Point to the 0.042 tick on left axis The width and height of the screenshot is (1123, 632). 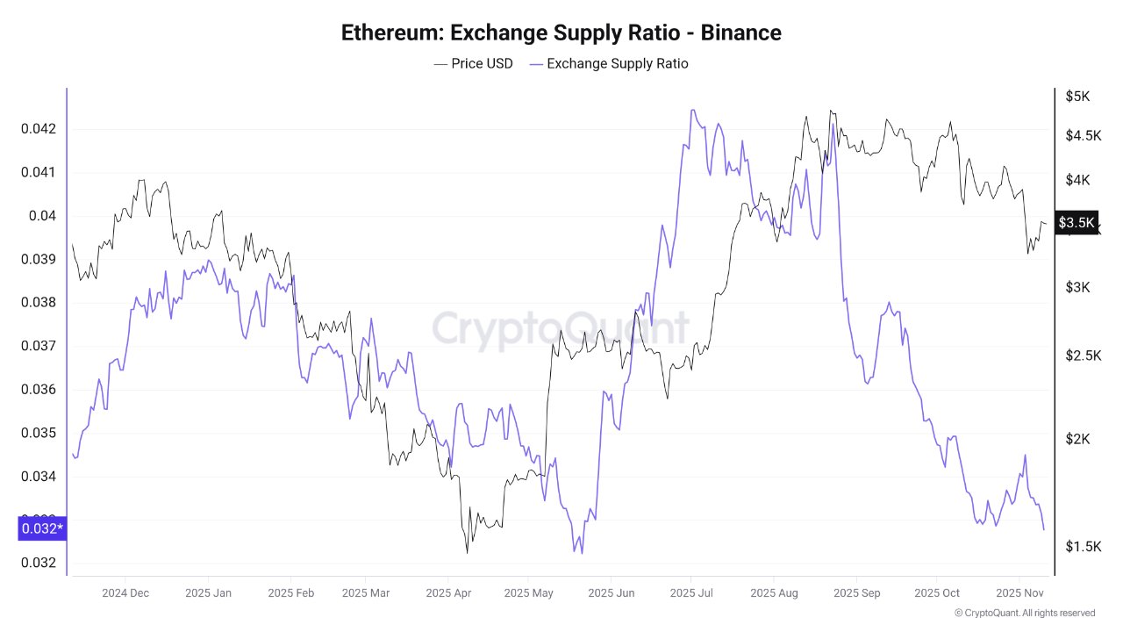point(38,129)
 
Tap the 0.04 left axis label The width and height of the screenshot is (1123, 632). point(42,216)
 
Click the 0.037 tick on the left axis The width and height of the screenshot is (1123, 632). point(38,346)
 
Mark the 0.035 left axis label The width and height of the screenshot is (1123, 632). point(38,433)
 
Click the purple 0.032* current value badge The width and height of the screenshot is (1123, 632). point(41,528)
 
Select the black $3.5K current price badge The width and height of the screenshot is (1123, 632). point(1077,223)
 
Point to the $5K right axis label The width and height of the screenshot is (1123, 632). point(1077,96)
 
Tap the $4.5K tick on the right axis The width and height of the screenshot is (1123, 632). point(1083,135)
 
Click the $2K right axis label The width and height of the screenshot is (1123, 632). point(1077,439)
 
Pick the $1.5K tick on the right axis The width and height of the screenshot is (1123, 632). point(1083,547)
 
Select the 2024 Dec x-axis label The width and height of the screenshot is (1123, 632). point(125,592)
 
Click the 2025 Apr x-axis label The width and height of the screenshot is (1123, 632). point(448,592)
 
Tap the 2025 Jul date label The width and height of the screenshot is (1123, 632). point(691,592)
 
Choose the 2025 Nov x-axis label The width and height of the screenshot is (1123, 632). point(1018,592)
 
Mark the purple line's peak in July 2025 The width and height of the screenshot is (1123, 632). point(692,111)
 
